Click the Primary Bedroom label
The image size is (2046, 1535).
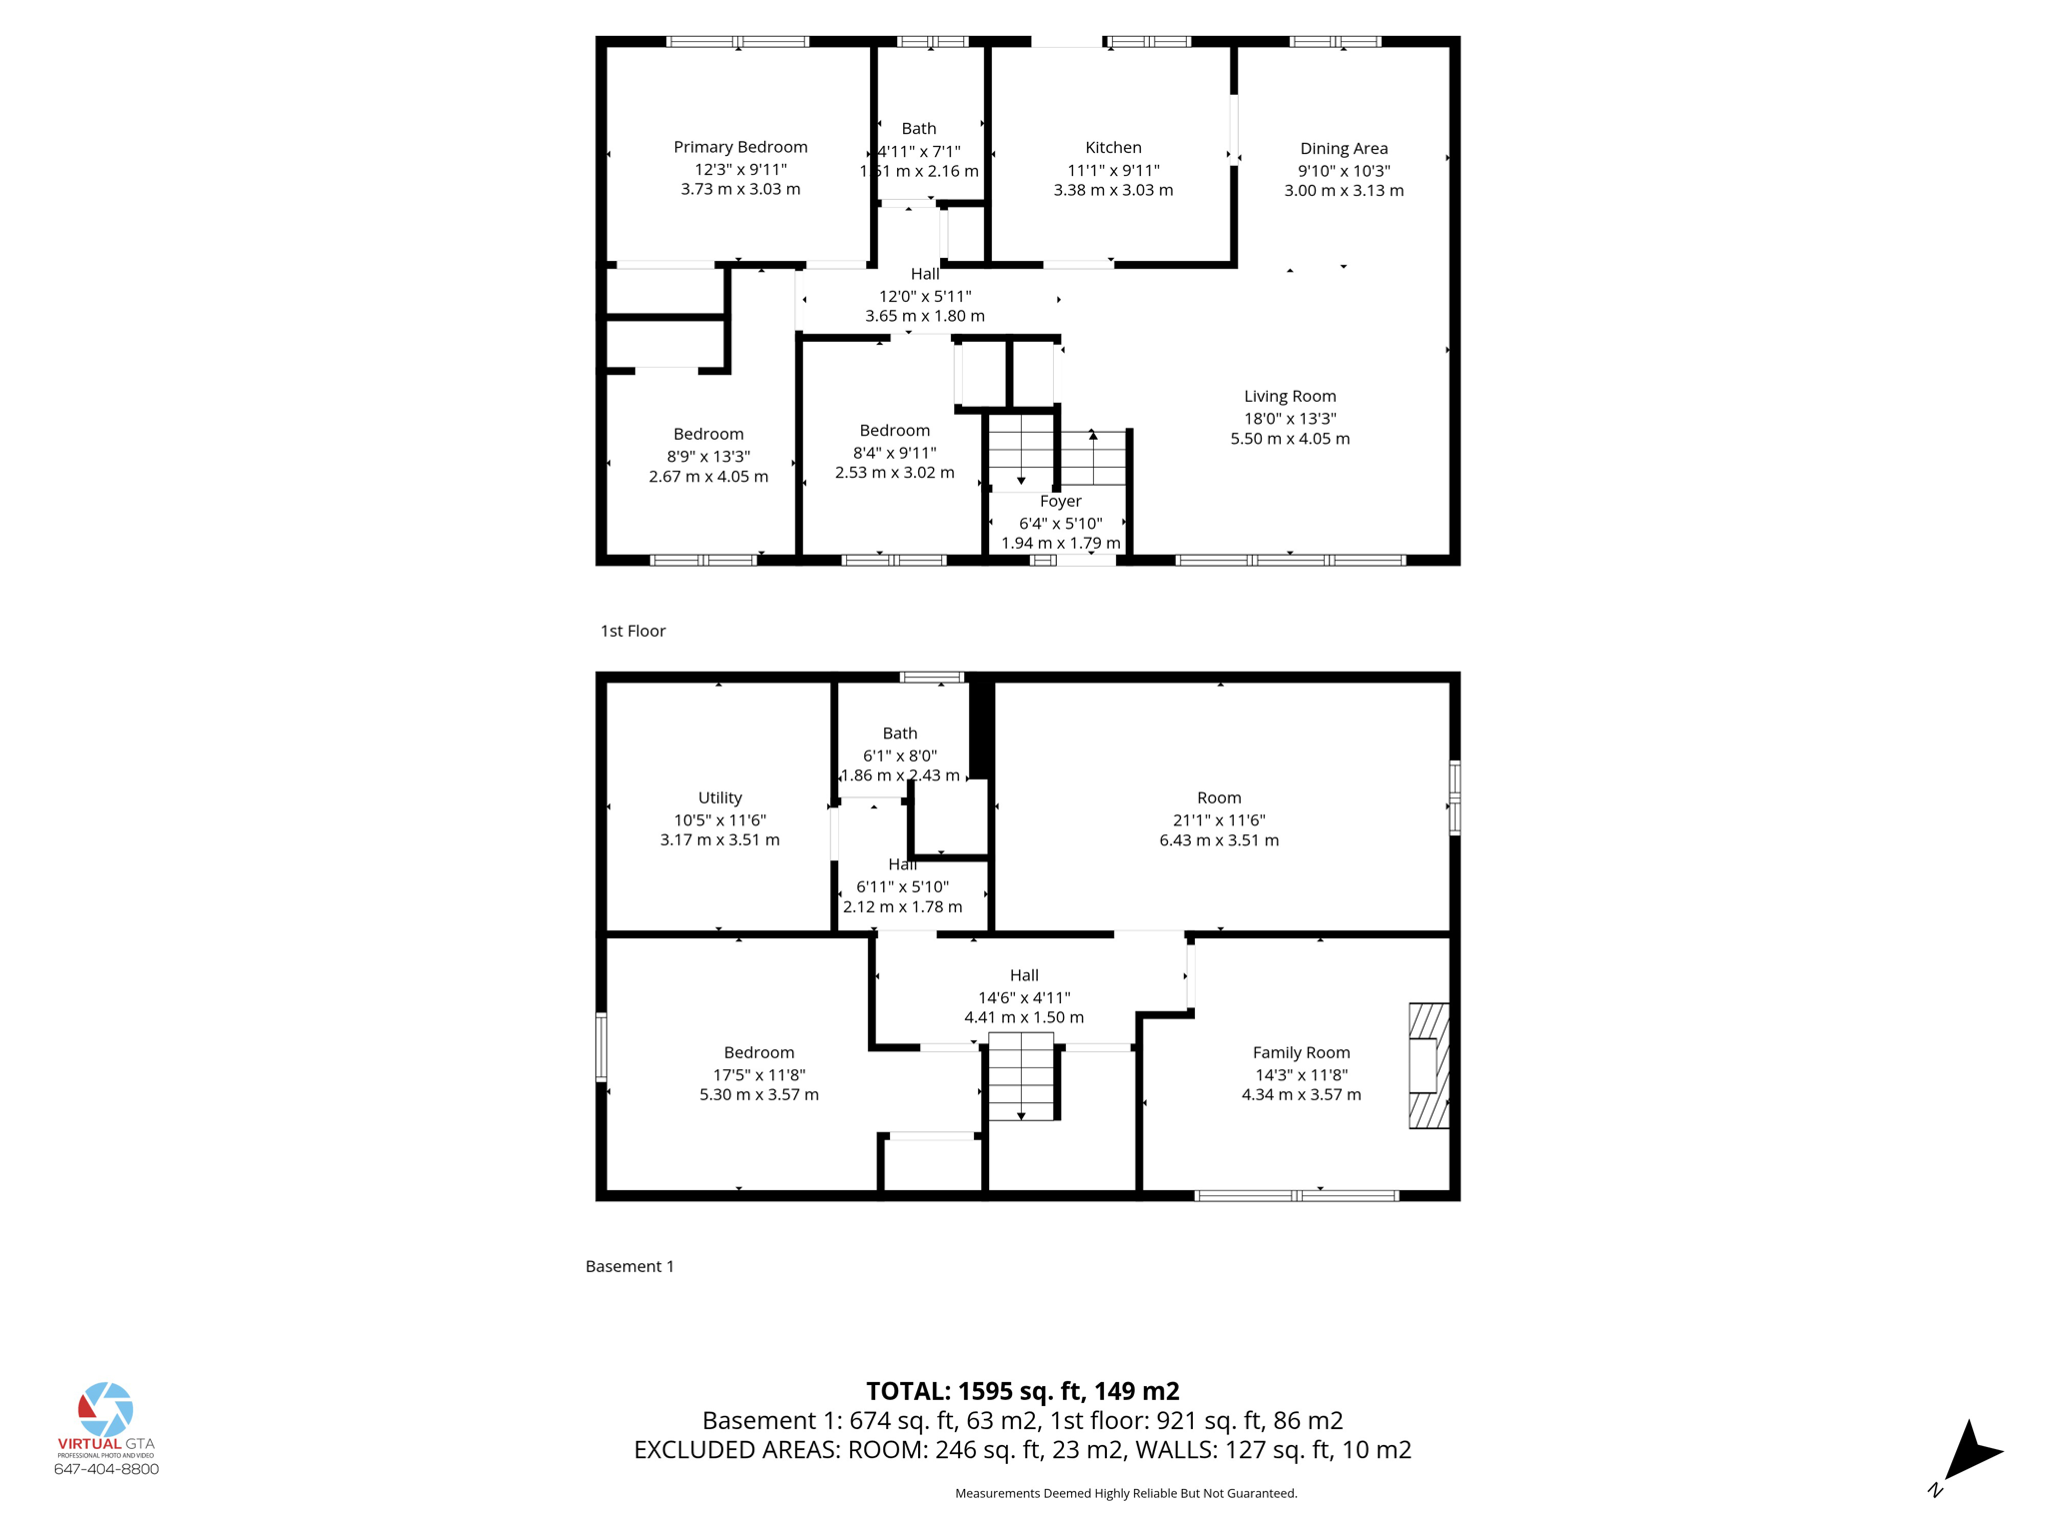click(740, 147)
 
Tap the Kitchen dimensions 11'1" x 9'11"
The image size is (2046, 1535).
click(1113, 170)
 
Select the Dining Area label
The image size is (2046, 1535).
click(1344, 148)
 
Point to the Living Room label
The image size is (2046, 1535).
click(1290, 396)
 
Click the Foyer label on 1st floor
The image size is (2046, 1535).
click(1060, 501)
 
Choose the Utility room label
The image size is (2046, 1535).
click(719, 797)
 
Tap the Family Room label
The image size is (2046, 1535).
click(1301, 1052)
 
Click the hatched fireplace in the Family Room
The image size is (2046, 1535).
click(1429, 1065)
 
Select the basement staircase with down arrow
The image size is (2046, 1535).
click(1021, 1077)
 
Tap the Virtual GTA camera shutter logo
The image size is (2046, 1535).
click(106, 1409)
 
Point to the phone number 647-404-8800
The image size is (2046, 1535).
click(106, 1469)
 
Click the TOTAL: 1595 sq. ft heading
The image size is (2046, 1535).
click(1022, 1391)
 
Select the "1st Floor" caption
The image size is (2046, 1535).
click(632, 631)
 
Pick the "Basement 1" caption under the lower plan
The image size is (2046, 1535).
click(629, 1266)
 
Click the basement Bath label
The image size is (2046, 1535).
click(899, 734)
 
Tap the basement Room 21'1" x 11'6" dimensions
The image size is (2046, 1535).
click(1219, 819)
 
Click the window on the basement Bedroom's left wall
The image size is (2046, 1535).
click(601, 1046)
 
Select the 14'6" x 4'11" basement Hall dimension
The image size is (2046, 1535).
click(1024, 997)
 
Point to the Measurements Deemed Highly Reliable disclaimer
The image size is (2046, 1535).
click(1126, 1493)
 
